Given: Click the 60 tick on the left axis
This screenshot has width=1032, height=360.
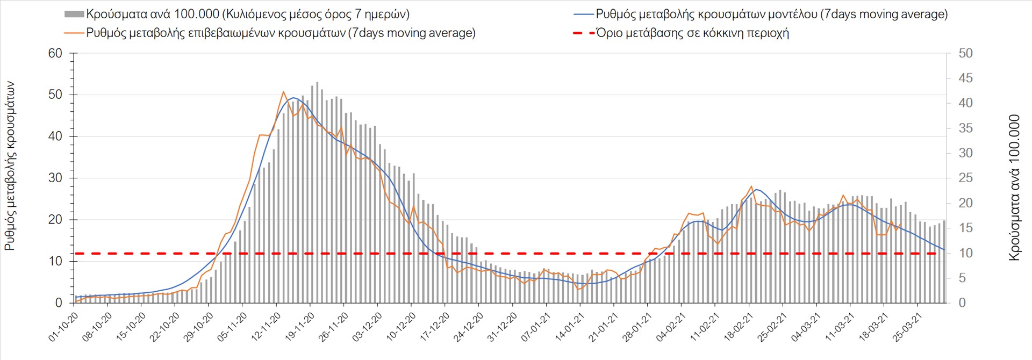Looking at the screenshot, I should click(55, 53).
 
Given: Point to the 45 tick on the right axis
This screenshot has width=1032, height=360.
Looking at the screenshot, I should click(965, 78).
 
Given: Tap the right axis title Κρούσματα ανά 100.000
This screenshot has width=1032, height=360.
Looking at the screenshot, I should click(1014, 188).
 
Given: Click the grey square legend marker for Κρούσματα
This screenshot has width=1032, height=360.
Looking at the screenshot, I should click(74, 15).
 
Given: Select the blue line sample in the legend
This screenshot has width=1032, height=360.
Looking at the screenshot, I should click(584, 15).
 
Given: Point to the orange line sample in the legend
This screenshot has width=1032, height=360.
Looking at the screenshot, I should click(74, 33).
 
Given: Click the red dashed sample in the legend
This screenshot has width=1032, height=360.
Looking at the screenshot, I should click(584, 33).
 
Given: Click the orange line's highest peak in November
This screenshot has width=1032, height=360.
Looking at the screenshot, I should click(284, 92).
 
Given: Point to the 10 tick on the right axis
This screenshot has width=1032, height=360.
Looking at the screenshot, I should click(965, 253).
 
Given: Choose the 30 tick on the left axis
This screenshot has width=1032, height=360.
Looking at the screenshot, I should click(55, 178).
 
